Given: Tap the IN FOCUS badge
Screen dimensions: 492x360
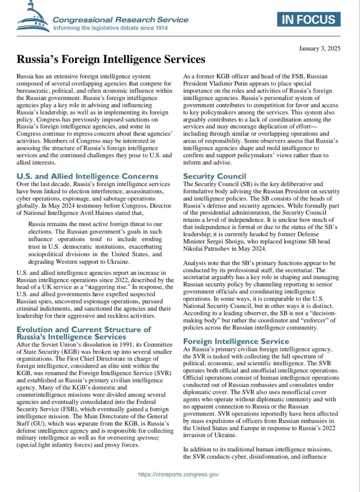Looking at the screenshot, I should tap(309, 19).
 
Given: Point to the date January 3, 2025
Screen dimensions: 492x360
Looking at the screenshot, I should tap(319, 48).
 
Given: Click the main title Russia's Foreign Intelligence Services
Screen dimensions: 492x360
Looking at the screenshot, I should tap(111, 60).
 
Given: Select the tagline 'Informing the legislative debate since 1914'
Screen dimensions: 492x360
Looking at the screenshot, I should tap(110, 28).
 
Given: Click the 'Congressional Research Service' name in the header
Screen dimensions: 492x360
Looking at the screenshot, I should tap(120, 20).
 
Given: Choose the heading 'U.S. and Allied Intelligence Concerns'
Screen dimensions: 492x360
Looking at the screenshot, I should tap(87, 176).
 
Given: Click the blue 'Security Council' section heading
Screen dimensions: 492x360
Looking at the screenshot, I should tap(214, 176).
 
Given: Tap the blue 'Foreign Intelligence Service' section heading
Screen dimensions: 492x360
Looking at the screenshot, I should tap(236, 341).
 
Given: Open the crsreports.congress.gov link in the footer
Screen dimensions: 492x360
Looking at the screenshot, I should tap(178, 474).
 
